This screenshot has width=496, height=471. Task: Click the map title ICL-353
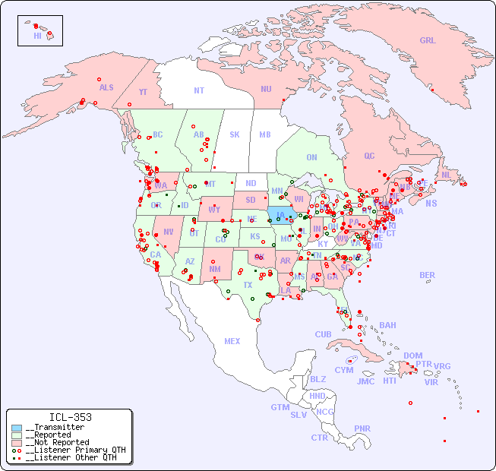click(70, 417)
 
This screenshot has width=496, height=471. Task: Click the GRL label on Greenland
click(428, 41)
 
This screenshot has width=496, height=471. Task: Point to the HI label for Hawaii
click(37, 36)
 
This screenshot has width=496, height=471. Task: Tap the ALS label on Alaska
click(106, 87)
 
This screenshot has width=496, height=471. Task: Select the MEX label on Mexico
click(232, 341)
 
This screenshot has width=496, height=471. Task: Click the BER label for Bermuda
click(428, 275)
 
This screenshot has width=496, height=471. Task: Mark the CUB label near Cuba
click(323, 334)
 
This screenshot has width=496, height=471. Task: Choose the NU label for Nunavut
click(266, 89)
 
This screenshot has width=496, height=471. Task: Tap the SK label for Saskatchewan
click(235, 134)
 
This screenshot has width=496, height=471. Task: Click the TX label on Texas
click(248, 285)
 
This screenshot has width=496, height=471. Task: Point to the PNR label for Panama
click(362, 428)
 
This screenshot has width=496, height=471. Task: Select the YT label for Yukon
click(143, 92)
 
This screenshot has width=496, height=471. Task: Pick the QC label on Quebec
click(369, 156)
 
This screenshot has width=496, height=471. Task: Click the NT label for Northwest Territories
click(199, 90)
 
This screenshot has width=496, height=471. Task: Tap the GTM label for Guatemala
click(280, 407)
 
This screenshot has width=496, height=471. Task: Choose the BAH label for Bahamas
click(387, 325)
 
